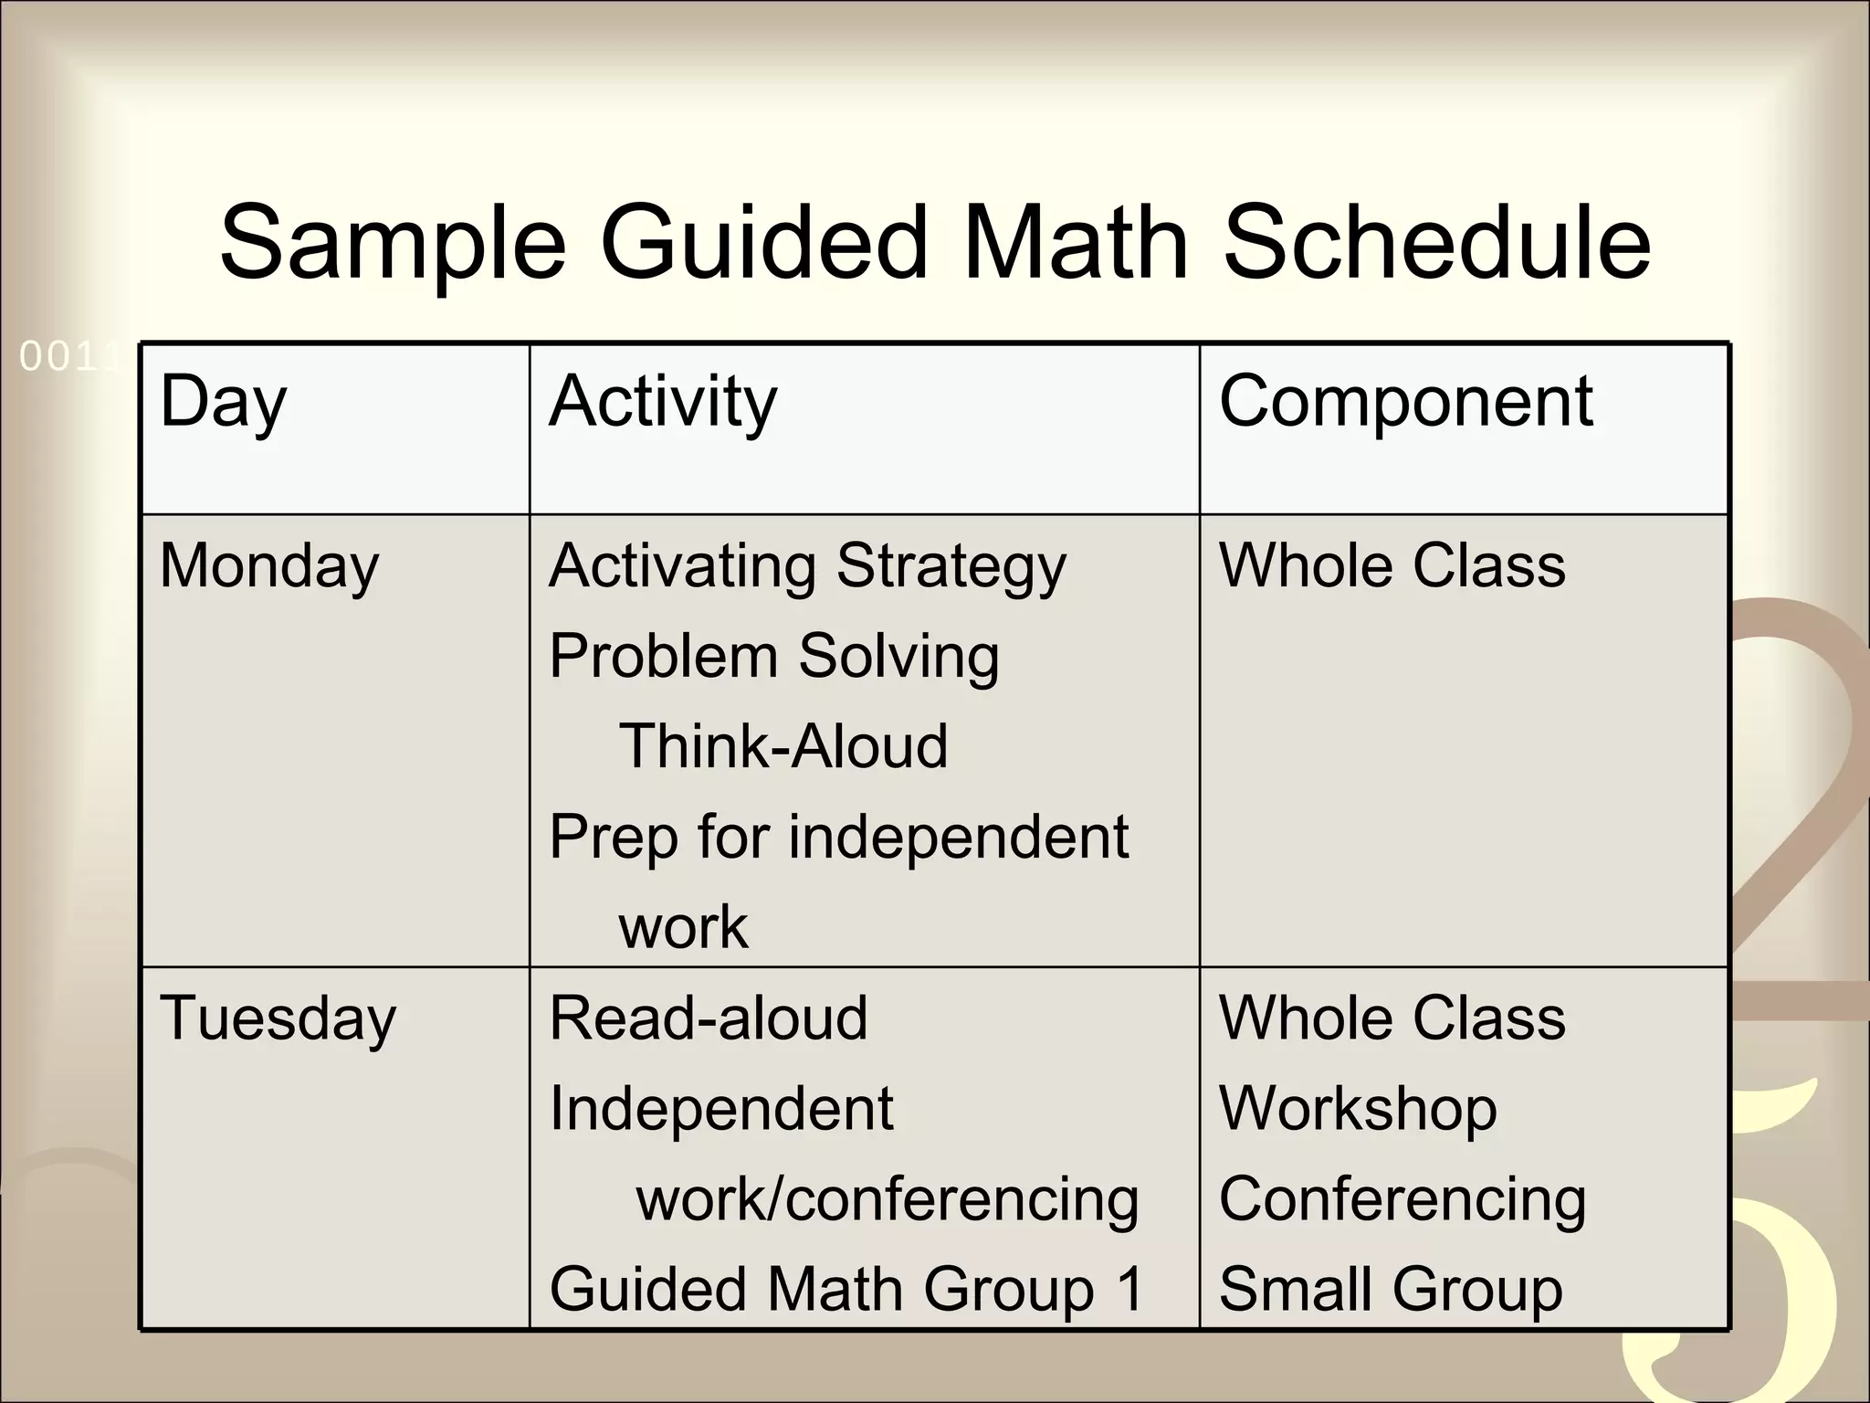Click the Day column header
223,403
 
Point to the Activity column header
663,403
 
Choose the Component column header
1406,401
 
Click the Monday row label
269,567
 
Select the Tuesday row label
278,1019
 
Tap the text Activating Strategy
807,567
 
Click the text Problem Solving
774,658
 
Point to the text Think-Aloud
783,746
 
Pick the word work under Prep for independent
683,927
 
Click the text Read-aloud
709,1018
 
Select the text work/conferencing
888,1199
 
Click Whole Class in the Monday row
1392,565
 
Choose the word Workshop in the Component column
1358,1110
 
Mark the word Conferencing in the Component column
1402,1199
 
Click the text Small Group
1391,1289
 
